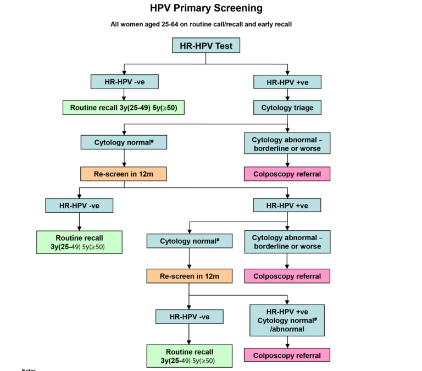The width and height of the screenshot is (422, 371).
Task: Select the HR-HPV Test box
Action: pos(206,45)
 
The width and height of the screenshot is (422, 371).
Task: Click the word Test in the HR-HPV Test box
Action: pos(226,45)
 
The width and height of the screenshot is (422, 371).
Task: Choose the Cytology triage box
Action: pos(287,108)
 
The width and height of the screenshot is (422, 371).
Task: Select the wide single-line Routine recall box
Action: pos(124,108)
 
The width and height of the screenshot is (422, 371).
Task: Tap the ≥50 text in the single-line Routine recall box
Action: pos(171,108)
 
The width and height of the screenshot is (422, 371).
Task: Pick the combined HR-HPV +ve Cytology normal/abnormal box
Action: pos(287,320)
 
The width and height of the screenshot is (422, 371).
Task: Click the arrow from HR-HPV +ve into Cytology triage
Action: pos(287,95)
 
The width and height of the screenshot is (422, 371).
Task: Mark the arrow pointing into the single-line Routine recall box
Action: pos(124,95)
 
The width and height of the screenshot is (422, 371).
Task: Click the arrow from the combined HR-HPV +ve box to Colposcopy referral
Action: pos(287,342)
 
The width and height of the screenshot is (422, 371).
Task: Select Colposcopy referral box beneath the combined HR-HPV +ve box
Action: pos(287,355)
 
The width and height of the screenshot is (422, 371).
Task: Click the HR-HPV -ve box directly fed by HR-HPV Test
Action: pos(124,82)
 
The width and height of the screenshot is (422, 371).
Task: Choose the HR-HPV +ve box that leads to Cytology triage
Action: pos(287,82)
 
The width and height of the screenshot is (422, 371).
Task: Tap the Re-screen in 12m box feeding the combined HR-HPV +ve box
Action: pos(189,276)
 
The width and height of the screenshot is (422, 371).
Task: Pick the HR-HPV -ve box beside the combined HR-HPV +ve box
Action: pos(189,317)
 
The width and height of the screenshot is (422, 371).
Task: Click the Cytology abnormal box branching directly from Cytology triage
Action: pos(287,144)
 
